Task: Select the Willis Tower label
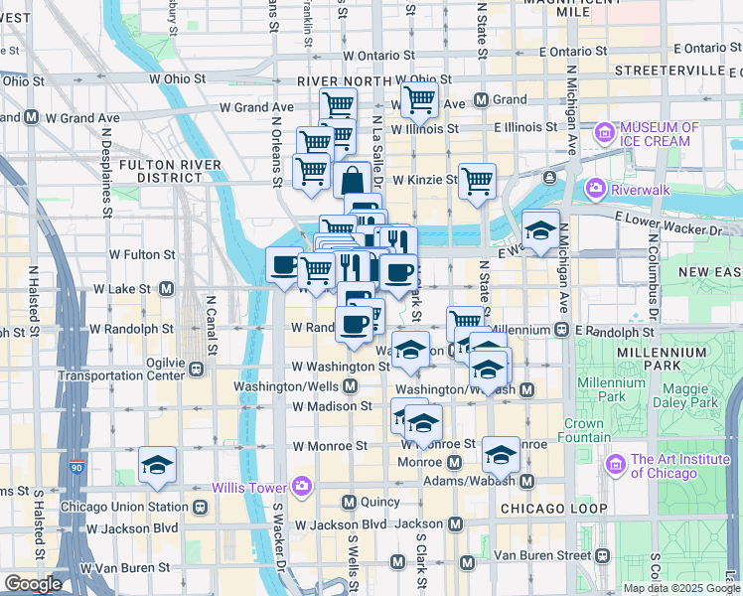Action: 249,487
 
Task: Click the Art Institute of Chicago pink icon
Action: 615,464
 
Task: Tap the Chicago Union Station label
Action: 123,507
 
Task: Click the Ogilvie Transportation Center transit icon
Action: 197,369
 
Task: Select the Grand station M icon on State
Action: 481,100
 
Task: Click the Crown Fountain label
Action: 585,430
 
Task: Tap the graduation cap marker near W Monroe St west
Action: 157,465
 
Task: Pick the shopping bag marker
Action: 352,182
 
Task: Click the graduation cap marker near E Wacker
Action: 540,229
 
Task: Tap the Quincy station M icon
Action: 349,502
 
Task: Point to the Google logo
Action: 32,584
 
